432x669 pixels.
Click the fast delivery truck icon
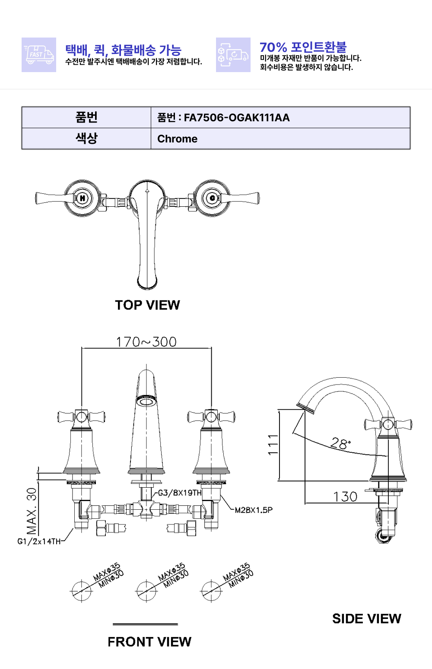click(x=39, y=55)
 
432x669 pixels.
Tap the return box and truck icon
click(x=233, y=55)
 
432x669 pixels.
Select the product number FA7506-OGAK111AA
click(x=236, y=118)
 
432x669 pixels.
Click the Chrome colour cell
click(x=280, y=139)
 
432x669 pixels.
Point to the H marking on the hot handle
click(x=83, y=198)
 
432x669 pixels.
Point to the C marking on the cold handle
click(x=212, y=198)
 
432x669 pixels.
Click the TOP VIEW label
click(x=147, y=305)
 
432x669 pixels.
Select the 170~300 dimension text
click(x=146, y=342)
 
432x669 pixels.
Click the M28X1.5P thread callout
click(x=254, y=510)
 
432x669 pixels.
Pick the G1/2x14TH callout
click(x=39, y=542)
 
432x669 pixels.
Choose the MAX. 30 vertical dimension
click(x=32, y=511)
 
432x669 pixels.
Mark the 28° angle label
click(x=340, y=443)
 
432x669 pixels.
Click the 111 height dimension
click(x=273, y=445)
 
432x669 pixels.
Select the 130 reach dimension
click(x=345, y=497)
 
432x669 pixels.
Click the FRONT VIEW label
click(x=149, y=642)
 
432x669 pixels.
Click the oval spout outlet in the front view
click(x=146, y=401)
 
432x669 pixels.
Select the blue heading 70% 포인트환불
click(x=303, y=47)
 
